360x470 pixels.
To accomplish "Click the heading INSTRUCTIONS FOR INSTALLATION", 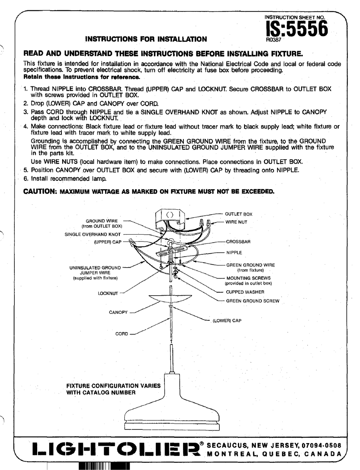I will coord(146,39).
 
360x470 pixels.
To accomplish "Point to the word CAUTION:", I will coord(40,191).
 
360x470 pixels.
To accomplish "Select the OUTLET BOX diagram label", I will coord(238,214).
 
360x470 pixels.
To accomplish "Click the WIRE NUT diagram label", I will coord(236,222).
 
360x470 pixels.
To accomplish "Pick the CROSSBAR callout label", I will coord(238,241).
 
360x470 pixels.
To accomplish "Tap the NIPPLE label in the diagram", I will coord(234,252).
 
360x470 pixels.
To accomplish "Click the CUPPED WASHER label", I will coord(245,292).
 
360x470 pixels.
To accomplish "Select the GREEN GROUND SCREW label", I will coord(252,301).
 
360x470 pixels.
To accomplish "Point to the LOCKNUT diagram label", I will coord(108,293).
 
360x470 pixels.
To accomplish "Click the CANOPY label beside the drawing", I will coord(119,313).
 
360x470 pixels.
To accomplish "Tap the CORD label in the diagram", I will coord(122,334).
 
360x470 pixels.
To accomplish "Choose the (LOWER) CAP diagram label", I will coord(227,321).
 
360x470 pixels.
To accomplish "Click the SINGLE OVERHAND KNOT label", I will coord(93,234).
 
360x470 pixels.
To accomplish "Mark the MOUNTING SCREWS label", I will coord(248,278).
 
